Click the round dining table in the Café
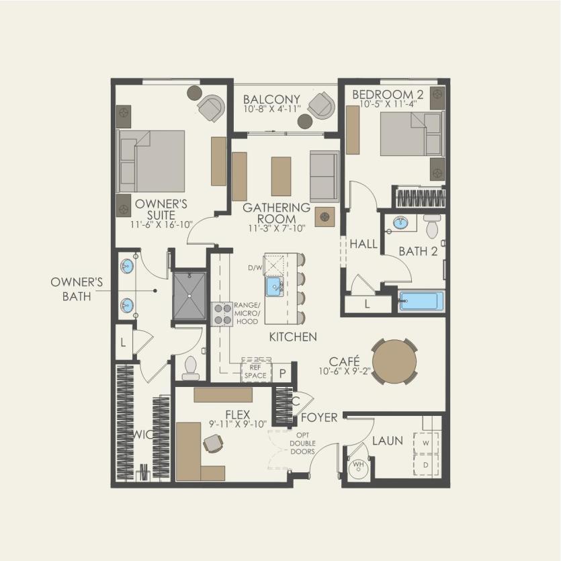pos(394,361)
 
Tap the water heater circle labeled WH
pos(359,468)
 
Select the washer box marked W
pos(426,443)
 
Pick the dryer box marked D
pos(426,465)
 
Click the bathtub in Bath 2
pos(422,301)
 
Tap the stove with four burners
pos(222,314)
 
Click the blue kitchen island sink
pos(274,286)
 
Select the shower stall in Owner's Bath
pos(189,296)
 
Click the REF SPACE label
pos(255,372)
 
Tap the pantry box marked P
pos(283,373)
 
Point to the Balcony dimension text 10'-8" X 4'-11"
pos(272,109)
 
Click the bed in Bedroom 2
pos(411,134)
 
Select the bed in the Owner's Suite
pos(152,161)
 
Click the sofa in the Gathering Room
pos(325,176)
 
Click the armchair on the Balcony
pos(322,105)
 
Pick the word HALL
pos(363,244)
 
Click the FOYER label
pos(319,417)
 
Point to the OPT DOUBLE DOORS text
pos(303,443)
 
